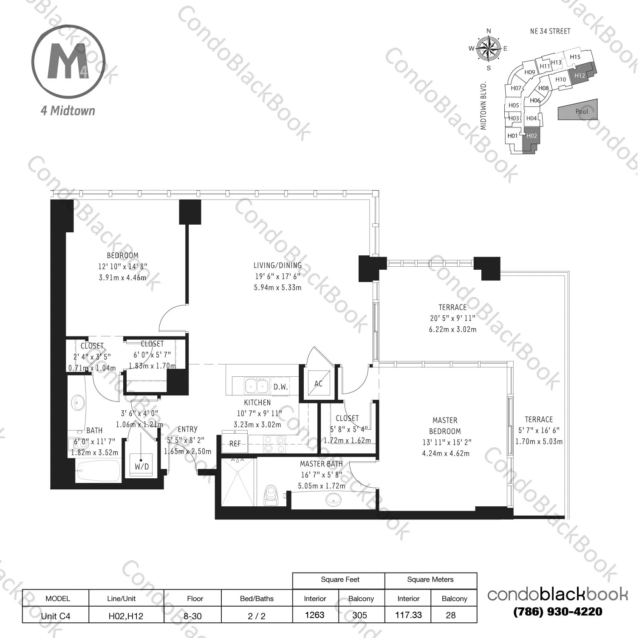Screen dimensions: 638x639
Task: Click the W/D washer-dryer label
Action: coord(142,466)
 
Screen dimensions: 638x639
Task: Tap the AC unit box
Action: coord(318,384)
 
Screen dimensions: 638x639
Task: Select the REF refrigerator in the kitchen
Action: coord(235,443)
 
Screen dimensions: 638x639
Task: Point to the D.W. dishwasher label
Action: coord(280,387)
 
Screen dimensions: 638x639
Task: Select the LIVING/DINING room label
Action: coord(277,265)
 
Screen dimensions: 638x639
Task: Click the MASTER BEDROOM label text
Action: coord(445,426)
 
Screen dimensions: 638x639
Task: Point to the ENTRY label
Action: coord(187,429)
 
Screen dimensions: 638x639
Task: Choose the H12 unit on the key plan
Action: coord(580,75)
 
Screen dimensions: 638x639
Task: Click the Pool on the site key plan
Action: coord(582,111)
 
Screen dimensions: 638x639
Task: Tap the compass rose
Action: coord(489,48)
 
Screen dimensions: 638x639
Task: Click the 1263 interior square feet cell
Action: coord(315,615)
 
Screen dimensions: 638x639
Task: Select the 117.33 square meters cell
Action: coord(408,615)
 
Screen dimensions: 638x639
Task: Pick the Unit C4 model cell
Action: coord(56,615)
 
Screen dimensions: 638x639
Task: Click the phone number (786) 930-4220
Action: coord(557,612)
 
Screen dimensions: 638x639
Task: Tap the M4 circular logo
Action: coord(68,62)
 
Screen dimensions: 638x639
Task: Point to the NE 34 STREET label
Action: coord(550,31)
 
